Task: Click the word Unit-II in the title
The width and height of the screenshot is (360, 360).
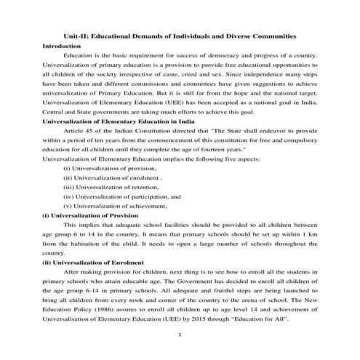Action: pyautogui.click(x=75, y=36)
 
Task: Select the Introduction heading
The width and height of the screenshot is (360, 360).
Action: pyautogui.click(x=62, y=46)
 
